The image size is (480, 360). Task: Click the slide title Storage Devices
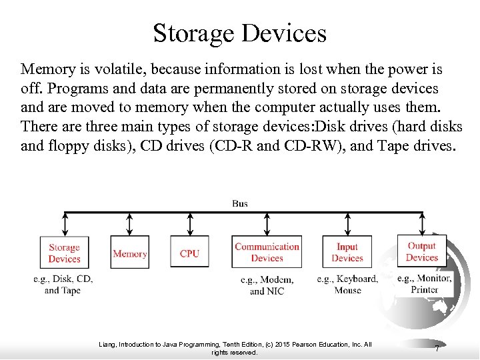point(239,32)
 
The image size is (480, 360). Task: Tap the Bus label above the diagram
point(240,203)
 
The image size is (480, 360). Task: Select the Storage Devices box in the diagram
point(64,253)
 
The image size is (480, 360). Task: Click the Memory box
point(130,253)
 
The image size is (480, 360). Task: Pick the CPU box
point(189,253)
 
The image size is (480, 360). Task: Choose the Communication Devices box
point(267,253)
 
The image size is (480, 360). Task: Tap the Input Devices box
point(347,253)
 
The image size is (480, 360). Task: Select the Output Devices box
point(422,251)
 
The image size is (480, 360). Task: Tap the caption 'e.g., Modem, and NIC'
point(267,285)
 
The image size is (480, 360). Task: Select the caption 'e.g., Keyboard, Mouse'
point(347,285)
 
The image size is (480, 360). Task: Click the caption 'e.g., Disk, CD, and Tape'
point(63,285)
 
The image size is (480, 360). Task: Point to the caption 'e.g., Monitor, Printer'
point(425,284)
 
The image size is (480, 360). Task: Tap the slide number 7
point(437,349)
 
